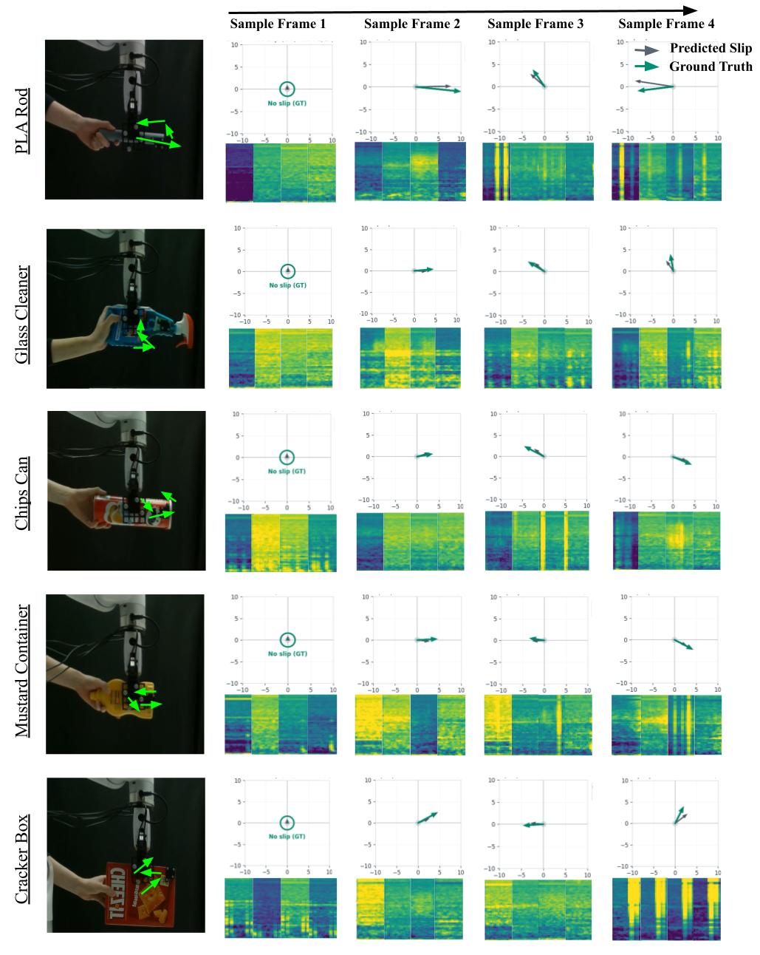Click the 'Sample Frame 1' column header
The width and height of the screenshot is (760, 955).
tap(278, 24)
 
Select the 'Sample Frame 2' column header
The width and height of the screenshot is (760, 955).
tap(412, 24)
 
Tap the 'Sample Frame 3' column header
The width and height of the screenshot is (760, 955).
tap(535, 24)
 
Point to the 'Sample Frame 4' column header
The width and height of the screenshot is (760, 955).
tap(666, 24)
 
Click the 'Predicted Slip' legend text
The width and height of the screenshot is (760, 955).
tap(711, 49)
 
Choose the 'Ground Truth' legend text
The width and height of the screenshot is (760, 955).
tap(711, 67)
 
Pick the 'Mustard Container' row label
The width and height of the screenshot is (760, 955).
tap(24, 671)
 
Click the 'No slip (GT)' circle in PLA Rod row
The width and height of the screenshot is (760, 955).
tap(287, 89)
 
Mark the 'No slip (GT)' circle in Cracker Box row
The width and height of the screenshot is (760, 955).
tap(287, 823)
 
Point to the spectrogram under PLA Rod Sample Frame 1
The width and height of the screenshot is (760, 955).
tap(280, 172)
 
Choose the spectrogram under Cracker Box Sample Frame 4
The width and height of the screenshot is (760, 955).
tap(667, 908)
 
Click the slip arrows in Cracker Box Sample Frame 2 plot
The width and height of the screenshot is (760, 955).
tap(427, 818)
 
